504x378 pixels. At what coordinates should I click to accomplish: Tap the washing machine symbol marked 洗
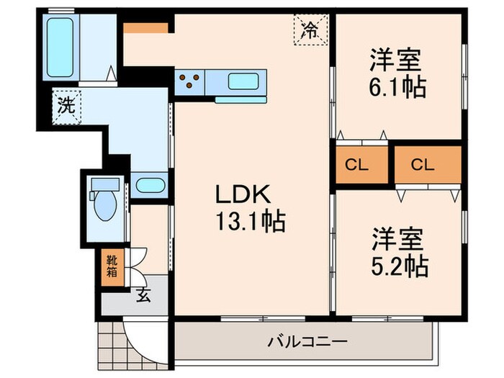(x=66, y=107)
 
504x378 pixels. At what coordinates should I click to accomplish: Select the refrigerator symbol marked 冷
(x=309, y=31)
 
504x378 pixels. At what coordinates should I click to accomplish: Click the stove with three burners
(x=190, y=82)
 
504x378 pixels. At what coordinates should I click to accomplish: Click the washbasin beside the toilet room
(x=150, y=185)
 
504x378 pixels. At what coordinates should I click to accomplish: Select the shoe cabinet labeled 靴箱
(x=113, y=266)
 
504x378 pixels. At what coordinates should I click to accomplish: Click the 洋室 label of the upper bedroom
(x=396, y=58)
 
